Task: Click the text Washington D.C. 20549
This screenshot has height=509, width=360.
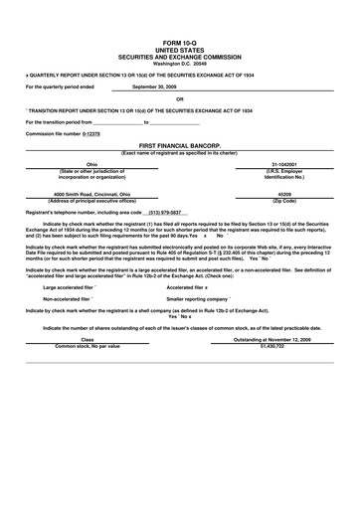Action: (180, 63)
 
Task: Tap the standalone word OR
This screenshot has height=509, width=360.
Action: (180, 98)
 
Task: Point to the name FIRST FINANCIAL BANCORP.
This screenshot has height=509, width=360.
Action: (180, 145)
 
